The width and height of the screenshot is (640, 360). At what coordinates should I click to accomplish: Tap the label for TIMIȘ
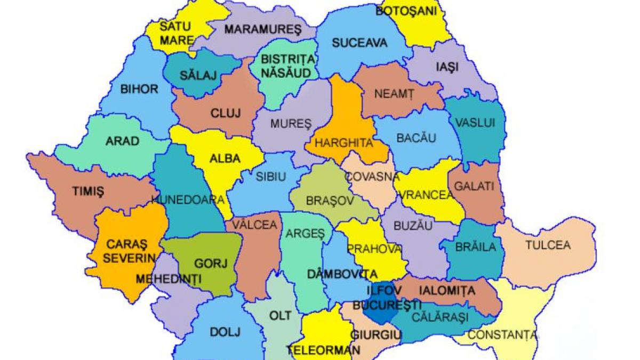tap(88, 191)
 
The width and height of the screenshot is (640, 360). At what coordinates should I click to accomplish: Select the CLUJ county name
tap(226, 113)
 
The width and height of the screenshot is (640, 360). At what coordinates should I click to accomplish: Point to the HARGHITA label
tap(343, 143)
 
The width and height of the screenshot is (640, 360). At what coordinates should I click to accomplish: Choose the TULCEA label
tap(548, 245)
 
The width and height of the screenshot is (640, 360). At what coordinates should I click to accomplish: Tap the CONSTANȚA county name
tap(503, 335)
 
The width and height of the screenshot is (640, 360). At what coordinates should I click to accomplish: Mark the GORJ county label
tap(211, 263)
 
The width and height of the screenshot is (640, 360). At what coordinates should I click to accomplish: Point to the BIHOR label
tap(140, 89)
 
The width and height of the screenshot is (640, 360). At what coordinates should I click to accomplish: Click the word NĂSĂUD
tap(285, 72)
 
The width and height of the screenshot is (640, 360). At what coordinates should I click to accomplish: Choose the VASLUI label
tap(475, 123)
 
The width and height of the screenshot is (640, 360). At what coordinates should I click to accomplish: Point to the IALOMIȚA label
tap(447, 291)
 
